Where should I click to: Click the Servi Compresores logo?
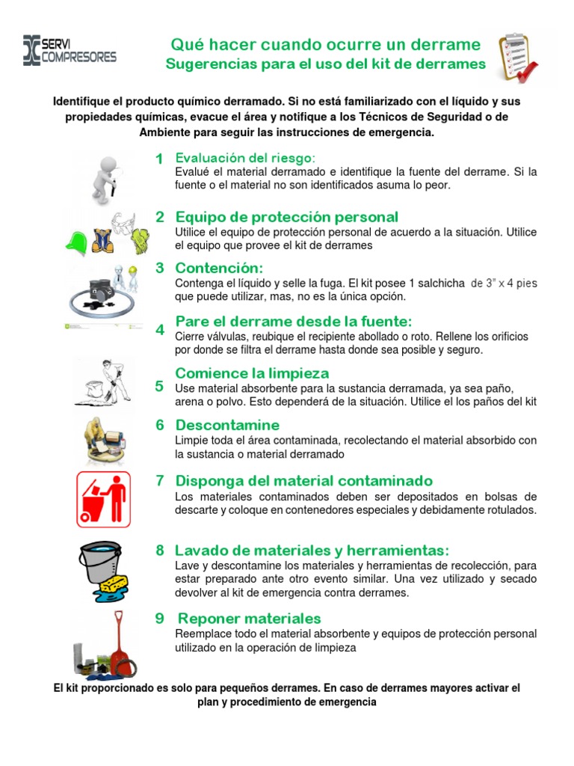pos(70,50)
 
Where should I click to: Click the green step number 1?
pos(159,159)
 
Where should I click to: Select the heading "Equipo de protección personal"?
pos(286,217)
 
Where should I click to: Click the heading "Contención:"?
pos(219,268)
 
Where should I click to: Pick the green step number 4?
pos(160,330)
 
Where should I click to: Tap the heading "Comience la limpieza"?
pos(252,373)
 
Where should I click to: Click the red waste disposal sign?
pos(104,499)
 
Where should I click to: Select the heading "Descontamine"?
pos(227,425)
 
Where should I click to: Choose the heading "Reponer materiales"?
pos(249,619)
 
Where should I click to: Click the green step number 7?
pos(160,480)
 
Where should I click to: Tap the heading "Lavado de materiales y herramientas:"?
pos(312,550)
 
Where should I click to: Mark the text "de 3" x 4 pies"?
pos(503,284)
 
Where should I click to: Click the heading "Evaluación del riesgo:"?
pos(245,158)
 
